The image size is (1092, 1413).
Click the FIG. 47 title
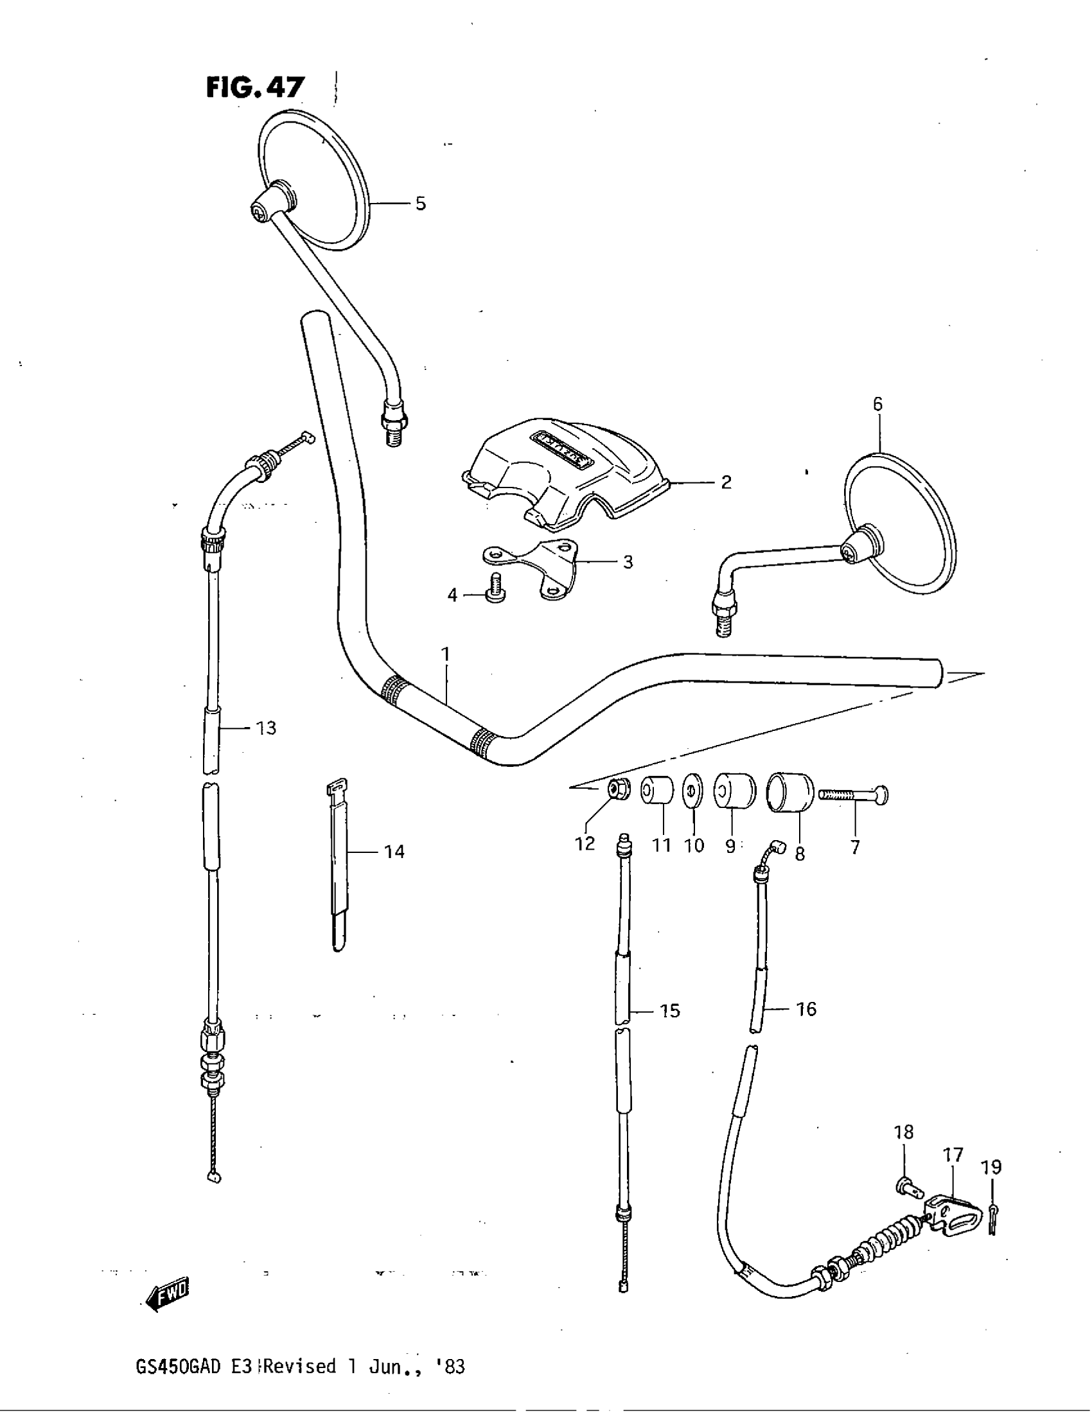click(255, 87)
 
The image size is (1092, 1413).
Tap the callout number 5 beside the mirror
click(421, 204)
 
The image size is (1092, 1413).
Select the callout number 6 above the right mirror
click(877, 405)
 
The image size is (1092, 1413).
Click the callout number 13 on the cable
click(266, 728)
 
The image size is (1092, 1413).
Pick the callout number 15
click(670, 1010)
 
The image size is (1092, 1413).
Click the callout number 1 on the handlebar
click(445, 654)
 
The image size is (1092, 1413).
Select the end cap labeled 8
click(789, 791)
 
